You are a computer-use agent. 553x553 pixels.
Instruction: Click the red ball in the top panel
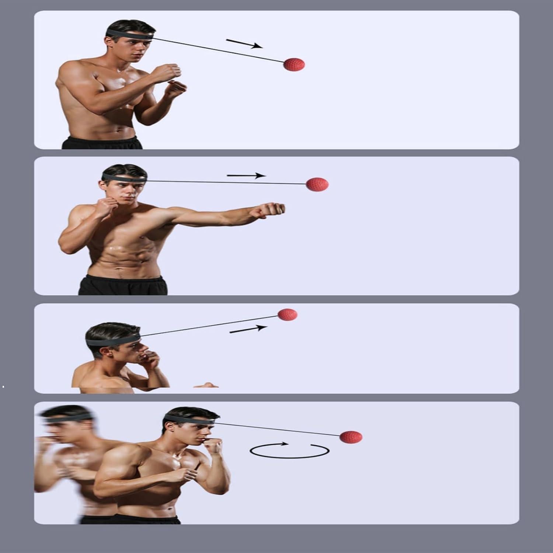coord(294,65)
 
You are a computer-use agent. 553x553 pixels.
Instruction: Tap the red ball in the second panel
coord(317,184)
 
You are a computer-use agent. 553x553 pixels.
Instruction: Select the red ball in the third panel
coord(287,314)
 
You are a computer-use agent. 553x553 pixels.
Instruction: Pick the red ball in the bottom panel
coord(351,437)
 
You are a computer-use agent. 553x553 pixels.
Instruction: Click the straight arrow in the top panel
coord(244,44)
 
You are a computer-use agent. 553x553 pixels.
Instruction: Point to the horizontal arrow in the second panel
coord(246,175)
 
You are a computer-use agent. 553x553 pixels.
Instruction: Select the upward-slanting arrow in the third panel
coord(248,329)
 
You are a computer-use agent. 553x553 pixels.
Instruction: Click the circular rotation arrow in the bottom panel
coord(289,450)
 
